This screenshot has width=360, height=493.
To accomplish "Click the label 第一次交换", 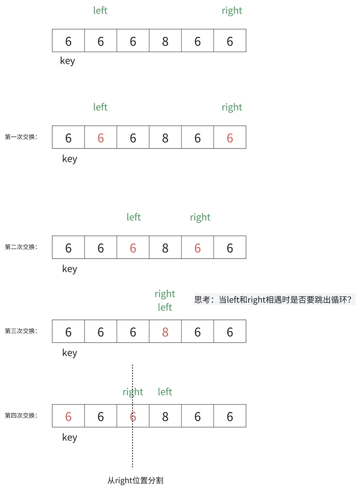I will pyautogui.click(x=21, y=137).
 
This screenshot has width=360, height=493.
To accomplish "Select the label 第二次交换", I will pyautogui.click(x=21, y=247).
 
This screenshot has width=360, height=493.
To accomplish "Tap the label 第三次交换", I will pyautogui.click(x=21, y=331).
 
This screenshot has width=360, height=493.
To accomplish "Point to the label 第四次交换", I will pyautogui.click(x=21, y=415).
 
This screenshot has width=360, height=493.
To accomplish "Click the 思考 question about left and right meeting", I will pyautogui.click(x=274, y=299).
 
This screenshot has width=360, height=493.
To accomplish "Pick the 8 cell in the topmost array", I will pyautogui.click(x=165, y=41).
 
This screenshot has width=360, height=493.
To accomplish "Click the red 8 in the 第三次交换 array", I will pyautogui.click(x=165, y=332).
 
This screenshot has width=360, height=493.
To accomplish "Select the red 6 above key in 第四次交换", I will pyautogui.click(x=68, y=416).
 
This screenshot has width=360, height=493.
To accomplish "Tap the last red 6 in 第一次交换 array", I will pyautogui.click(x=230, y=138).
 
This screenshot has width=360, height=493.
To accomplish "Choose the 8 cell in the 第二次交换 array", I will pyautogui.click(x=165, y=248).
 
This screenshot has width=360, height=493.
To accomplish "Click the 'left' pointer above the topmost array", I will pyautogui.click(x=101, y=11).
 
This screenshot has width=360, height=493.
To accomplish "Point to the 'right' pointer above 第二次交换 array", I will pyautogui.click(x=200, y=217).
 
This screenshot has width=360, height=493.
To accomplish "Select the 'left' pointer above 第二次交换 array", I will pyautogui.click(x=133, y=217).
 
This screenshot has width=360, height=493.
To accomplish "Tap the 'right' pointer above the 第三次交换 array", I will pyautogui.click(x=165, y=294).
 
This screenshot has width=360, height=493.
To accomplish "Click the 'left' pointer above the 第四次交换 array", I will pyautogui.click(x=165, y=392).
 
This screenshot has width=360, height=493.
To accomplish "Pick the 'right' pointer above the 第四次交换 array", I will pyautogui.click(x=133, y=392).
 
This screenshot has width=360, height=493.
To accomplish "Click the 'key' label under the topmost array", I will pyautogui.click(x=68, y=61).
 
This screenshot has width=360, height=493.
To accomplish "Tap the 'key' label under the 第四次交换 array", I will pyautogui.click(x=70, y=437).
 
